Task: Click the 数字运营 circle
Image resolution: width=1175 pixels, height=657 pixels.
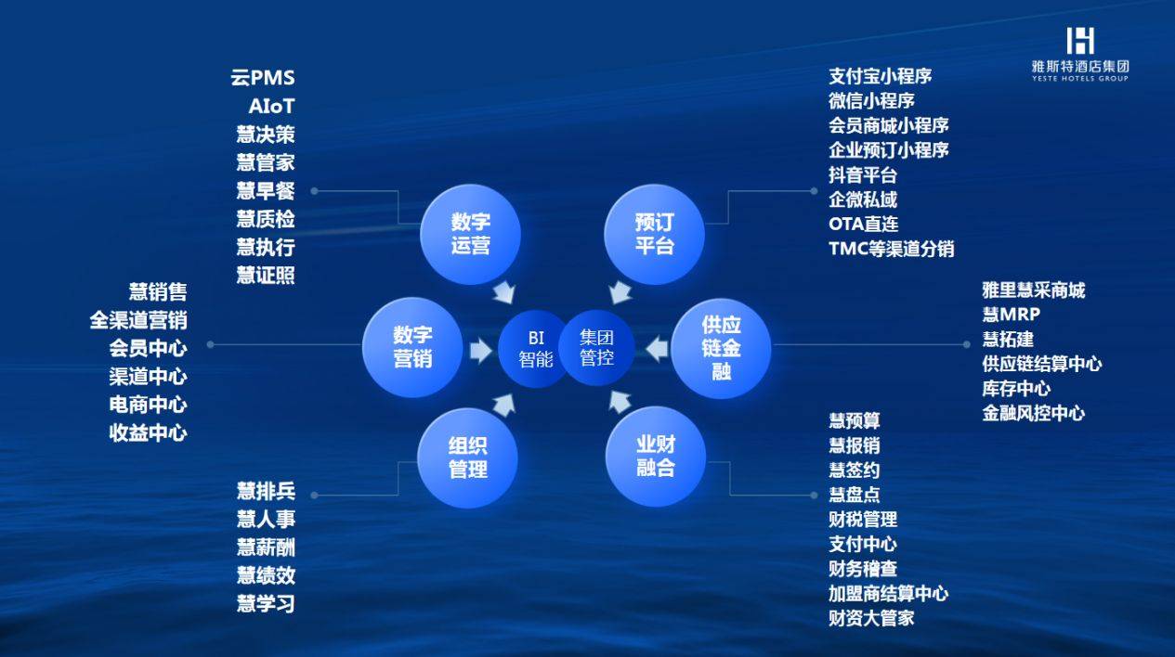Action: point(471,234)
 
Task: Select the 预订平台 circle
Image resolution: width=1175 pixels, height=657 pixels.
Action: point(654,234)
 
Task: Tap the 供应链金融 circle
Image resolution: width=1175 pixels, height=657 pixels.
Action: point(721,348)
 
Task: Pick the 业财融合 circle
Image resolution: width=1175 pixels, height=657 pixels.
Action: point(656,457)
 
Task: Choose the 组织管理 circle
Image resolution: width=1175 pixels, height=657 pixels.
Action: point(467,457)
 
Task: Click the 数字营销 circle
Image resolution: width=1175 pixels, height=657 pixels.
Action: point(412,347)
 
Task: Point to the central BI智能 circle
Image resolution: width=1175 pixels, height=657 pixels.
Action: point(536,348)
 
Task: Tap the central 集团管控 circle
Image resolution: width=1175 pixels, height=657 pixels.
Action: point(597,347)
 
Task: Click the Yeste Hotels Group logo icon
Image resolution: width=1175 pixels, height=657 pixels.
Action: point(1080,41)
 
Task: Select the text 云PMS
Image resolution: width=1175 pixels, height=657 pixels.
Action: point(263,78)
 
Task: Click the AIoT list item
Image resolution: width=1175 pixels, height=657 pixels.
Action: point(271,107)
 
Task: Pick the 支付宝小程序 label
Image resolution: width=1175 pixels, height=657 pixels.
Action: point(881,76)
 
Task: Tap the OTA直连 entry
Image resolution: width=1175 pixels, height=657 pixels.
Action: point(864,225)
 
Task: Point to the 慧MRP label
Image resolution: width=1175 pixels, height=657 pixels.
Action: point(1011,315)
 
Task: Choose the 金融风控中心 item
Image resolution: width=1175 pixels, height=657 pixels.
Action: point(1034,413)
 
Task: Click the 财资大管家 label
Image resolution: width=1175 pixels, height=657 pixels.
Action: point(871,618)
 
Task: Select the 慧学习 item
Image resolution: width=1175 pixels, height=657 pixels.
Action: point(266,603)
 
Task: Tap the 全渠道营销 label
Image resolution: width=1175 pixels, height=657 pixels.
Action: point(138,320)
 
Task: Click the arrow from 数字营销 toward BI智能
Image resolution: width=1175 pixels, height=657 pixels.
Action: point(480,351)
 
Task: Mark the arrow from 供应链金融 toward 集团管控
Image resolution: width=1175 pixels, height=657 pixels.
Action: point(657,349)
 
